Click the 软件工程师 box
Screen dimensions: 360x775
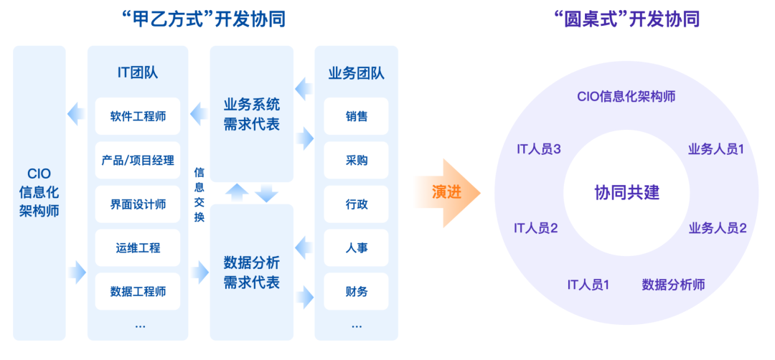(x=138, y=116)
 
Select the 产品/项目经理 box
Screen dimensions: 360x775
(x=138, y=161)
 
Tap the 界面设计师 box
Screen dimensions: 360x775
(x=138, y=204)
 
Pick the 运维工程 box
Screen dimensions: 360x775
(x=138, y=248)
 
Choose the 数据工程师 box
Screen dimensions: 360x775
(x=138, y=292)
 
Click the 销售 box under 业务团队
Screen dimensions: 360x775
(x=356, y=116)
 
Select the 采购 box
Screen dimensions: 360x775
(x=356, y=161)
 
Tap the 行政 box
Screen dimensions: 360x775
(x=356, y=204)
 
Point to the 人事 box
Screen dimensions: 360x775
(x=356, y=248)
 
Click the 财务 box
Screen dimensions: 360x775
(x=356, y=292)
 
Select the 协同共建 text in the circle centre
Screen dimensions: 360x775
(x=626, y=192)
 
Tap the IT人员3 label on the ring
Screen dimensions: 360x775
(x=538, y=149)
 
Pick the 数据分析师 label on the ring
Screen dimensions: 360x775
(x=673, y=285)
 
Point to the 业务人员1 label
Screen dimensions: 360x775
(x=716, y=149)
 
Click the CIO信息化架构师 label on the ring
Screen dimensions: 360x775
(x=626, y=96)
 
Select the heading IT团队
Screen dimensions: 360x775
(x=138, y=72)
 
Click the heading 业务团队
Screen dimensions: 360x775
(x=356, y=72)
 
